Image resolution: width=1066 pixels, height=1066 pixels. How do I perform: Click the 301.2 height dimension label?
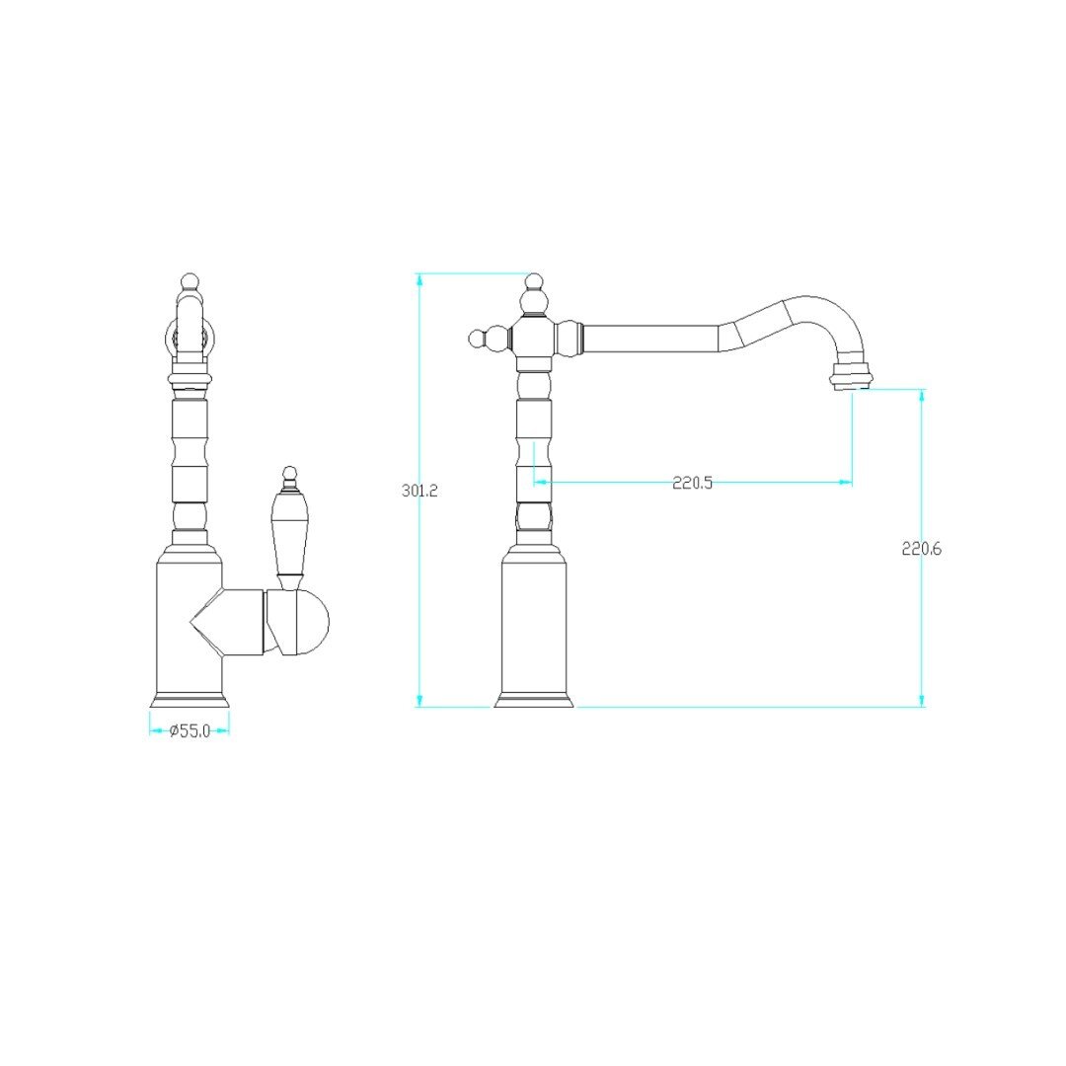(419, 491)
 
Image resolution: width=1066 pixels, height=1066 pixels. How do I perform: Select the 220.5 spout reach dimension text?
(692, 483)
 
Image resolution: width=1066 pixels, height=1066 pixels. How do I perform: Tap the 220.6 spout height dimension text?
(921, 549)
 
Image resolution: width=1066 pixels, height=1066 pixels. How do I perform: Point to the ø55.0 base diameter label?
(190, 731)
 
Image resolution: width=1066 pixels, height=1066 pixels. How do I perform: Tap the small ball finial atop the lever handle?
(290, 473)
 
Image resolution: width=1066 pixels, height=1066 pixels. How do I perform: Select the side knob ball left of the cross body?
(478, 338)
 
